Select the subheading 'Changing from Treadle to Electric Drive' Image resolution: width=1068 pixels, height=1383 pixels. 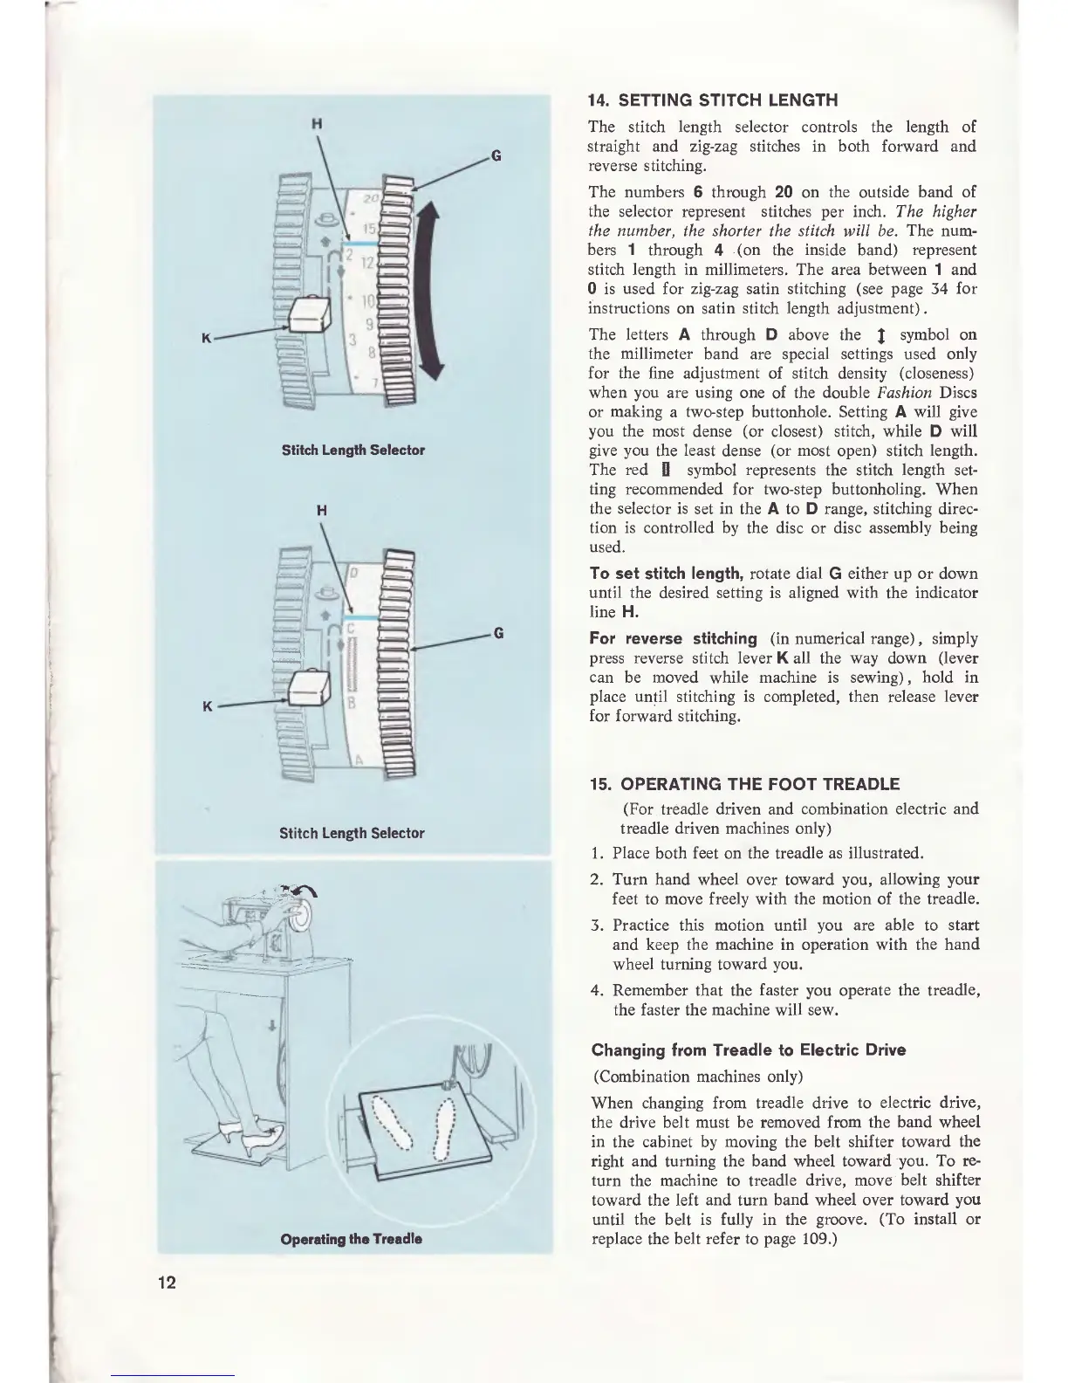click(x=748, y=1049)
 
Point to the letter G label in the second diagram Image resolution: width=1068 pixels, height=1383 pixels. click(x=496, y=632)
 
